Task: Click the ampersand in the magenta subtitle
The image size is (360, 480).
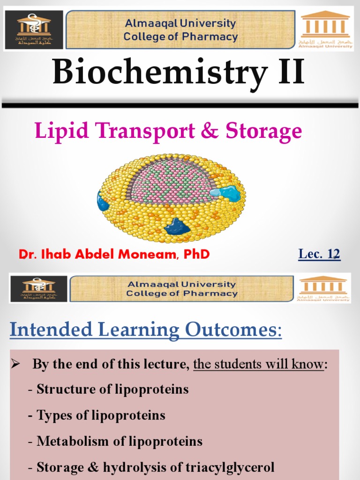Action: point(210,132)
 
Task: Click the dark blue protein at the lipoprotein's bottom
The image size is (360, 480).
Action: point(177,227)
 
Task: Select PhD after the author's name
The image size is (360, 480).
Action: point(196,255)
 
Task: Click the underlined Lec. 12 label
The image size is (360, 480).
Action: point(319,254)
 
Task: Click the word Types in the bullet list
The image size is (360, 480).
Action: point(51,415)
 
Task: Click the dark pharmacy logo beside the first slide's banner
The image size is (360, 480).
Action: point(34,30)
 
